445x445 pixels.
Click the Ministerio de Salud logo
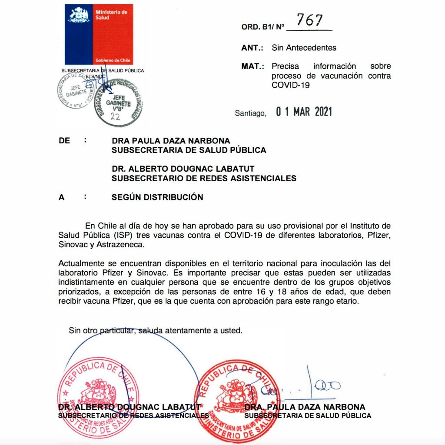pyautogui.click(x=99, y=34)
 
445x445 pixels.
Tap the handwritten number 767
pyautogui.click(x=309, y=20)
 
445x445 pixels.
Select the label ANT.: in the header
pyautogui.click(x=253, y=48)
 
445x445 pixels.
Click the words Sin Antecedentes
pyautogui.click(x=304, y=48)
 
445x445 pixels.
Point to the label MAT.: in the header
pyautogui.click(x=253, y=66)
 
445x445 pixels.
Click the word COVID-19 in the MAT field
pyautogui.click(x=290, y=85)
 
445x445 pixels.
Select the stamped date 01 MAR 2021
pyautogui.click(x=304, y=112)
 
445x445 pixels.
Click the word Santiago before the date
pyautogui.click(x=250, y=113)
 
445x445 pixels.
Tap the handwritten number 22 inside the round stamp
pyautogui.click(x=115, y=116)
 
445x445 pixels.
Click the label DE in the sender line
pyautogui.click(x=64, y=141)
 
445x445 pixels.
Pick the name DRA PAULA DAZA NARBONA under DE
pyautogui.click(x=171, y=141)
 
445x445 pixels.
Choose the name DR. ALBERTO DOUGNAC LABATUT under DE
pyautogui.click(x=184, y=169)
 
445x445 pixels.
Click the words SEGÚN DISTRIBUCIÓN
pyautogui.click(x=157, y=197)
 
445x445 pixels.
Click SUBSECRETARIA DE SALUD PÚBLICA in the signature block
pyautogui.click(x=308, y=416)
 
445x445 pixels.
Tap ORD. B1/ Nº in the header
pyautogui.click(x=262, y=27)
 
